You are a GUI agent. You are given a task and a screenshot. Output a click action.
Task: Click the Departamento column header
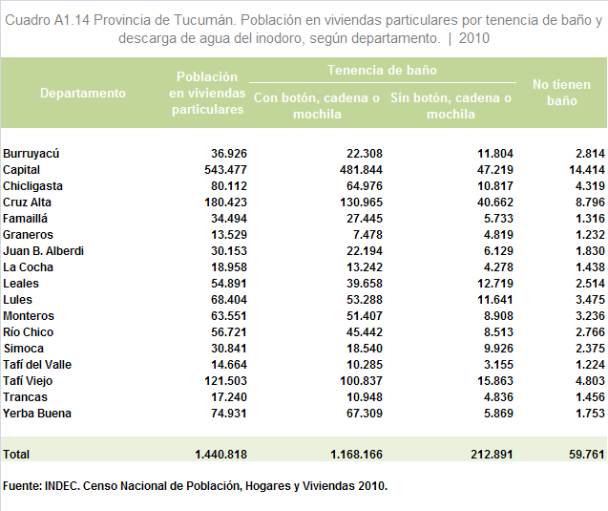(x=83, y=93)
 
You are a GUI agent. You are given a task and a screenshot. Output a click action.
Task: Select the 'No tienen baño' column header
(x=561, y=93)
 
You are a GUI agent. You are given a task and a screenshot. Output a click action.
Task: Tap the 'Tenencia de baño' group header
(x=382, y=70)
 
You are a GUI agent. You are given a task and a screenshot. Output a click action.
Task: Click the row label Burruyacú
(x=31, y=154)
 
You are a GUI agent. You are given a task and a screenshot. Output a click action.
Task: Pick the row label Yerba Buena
(x=37, y=414)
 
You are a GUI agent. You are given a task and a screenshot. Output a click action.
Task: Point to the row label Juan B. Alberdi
(x=44, y=251)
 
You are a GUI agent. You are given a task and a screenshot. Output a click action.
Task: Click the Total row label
(x=16, y=455)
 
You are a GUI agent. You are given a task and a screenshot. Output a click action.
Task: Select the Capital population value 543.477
(x=225, y=170)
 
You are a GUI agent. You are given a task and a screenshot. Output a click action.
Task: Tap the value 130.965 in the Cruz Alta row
(x=361, y=202)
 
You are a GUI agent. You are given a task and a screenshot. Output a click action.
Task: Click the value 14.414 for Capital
(x=587, y=170)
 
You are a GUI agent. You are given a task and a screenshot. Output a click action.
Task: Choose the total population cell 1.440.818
(x=220, y=455)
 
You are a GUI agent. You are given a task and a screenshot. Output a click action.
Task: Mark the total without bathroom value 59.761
(x=587, y=455)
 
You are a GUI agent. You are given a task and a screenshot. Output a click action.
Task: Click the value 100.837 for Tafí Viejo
(x=361, y=381)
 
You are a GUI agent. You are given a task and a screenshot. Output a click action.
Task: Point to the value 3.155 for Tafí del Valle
(x=498, y=365)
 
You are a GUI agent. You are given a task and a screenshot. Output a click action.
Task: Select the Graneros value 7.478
(x=365, y=235)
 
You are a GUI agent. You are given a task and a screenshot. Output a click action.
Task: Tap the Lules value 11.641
(x=494, y=300)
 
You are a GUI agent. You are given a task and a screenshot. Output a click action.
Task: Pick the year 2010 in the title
(x=474, y=38)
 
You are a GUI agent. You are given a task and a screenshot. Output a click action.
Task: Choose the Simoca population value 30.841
(x=229, y=349)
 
